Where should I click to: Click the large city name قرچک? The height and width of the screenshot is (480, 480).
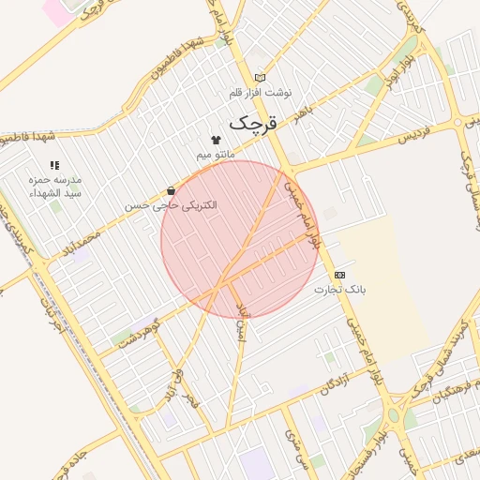coord(255,123)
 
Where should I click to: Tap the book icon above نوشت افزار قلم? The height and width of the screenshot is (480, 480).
coord(260,78)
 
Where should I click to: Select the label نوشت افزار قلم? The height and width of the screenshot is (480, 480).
coord(261,93)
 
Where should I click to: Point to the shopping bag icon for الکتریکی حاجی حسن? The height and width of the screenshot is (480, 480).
coord(170,190)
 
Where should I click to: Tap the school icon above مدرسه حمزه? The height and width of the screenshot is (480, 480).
coord(53,165)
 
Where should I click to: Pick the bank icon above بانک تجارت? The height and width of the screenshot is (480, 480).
coord(339,275)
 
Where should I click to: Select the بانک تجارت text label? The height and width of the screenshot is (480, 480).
coord(343,290)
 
